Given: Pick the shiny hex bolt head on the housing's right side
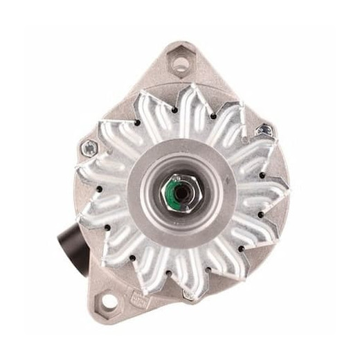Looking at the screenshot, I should (x=264, y=129).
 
